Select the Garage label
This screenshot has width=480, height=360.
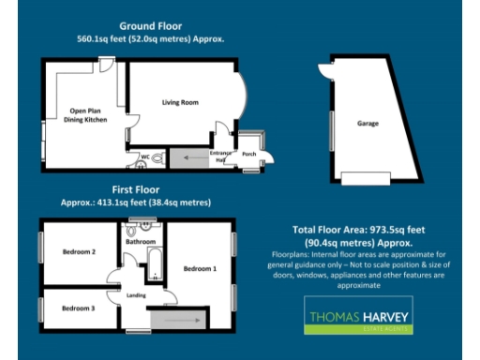pyautogui.click(x=367, y=124)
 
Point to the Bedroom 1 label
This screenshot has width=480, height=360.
pyautogui.click(x=200, y=269)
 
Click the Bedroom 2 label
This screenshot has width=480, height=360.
pyautogui.click(x=80, y=251)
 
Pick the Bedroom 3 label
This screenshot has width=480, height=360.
pyautogui.click(x=78, y=307)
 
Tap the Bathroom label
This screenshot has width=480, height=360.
pyautogui.click(x=141, y=242)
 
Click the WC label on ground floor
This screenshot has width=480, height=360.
pyautogui.click(x=146, y=157)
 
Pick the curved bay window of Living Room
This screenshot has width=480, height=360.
pyautogui.click(x=243, y=101)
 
